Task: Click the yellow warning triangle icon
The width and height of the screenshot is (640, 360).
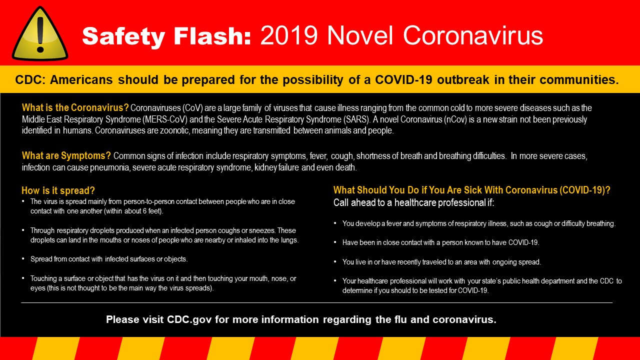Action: click(x=40, y=34)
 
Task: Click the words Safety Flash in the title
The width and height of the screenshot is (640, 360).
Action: click(x=166, y=36)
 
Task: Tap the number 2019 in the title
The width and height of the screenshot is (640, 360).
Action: click(x=289, y=35)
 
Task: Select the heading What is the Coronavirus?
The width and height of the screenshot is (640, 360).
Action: click(x=75, y=107)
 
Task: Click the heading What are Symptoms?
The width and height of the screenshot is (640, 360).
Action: click(x=66, y=155)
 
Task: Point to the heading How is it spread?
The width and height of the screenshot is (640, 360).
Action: click(x=58, y=190)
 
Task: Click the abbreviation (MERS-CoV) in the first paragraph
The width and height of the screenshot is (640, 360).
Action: click(x=165, y=119)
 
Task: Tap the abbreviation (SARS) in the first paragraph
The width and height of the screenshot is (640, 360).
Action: click(x=356, y=119)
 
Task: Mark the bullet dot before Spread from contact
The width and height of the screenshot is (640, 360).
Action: click(x=23, y=258)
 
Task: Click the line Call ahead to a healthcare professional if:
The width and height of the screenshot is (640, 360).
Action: click(x=413, y=202)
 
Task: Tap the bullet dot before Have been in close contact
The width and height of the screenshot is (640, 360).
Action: click(x=335, y=242)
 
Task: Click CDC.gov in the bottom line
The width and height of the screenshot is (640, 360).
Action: click(x=189, y=319)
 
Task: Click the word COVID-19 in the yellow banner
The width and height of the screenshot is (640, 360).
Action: click(x=403, y=79)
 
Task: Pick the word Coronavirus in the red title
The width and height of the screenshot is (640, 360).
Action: click(x=473, y=35)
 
